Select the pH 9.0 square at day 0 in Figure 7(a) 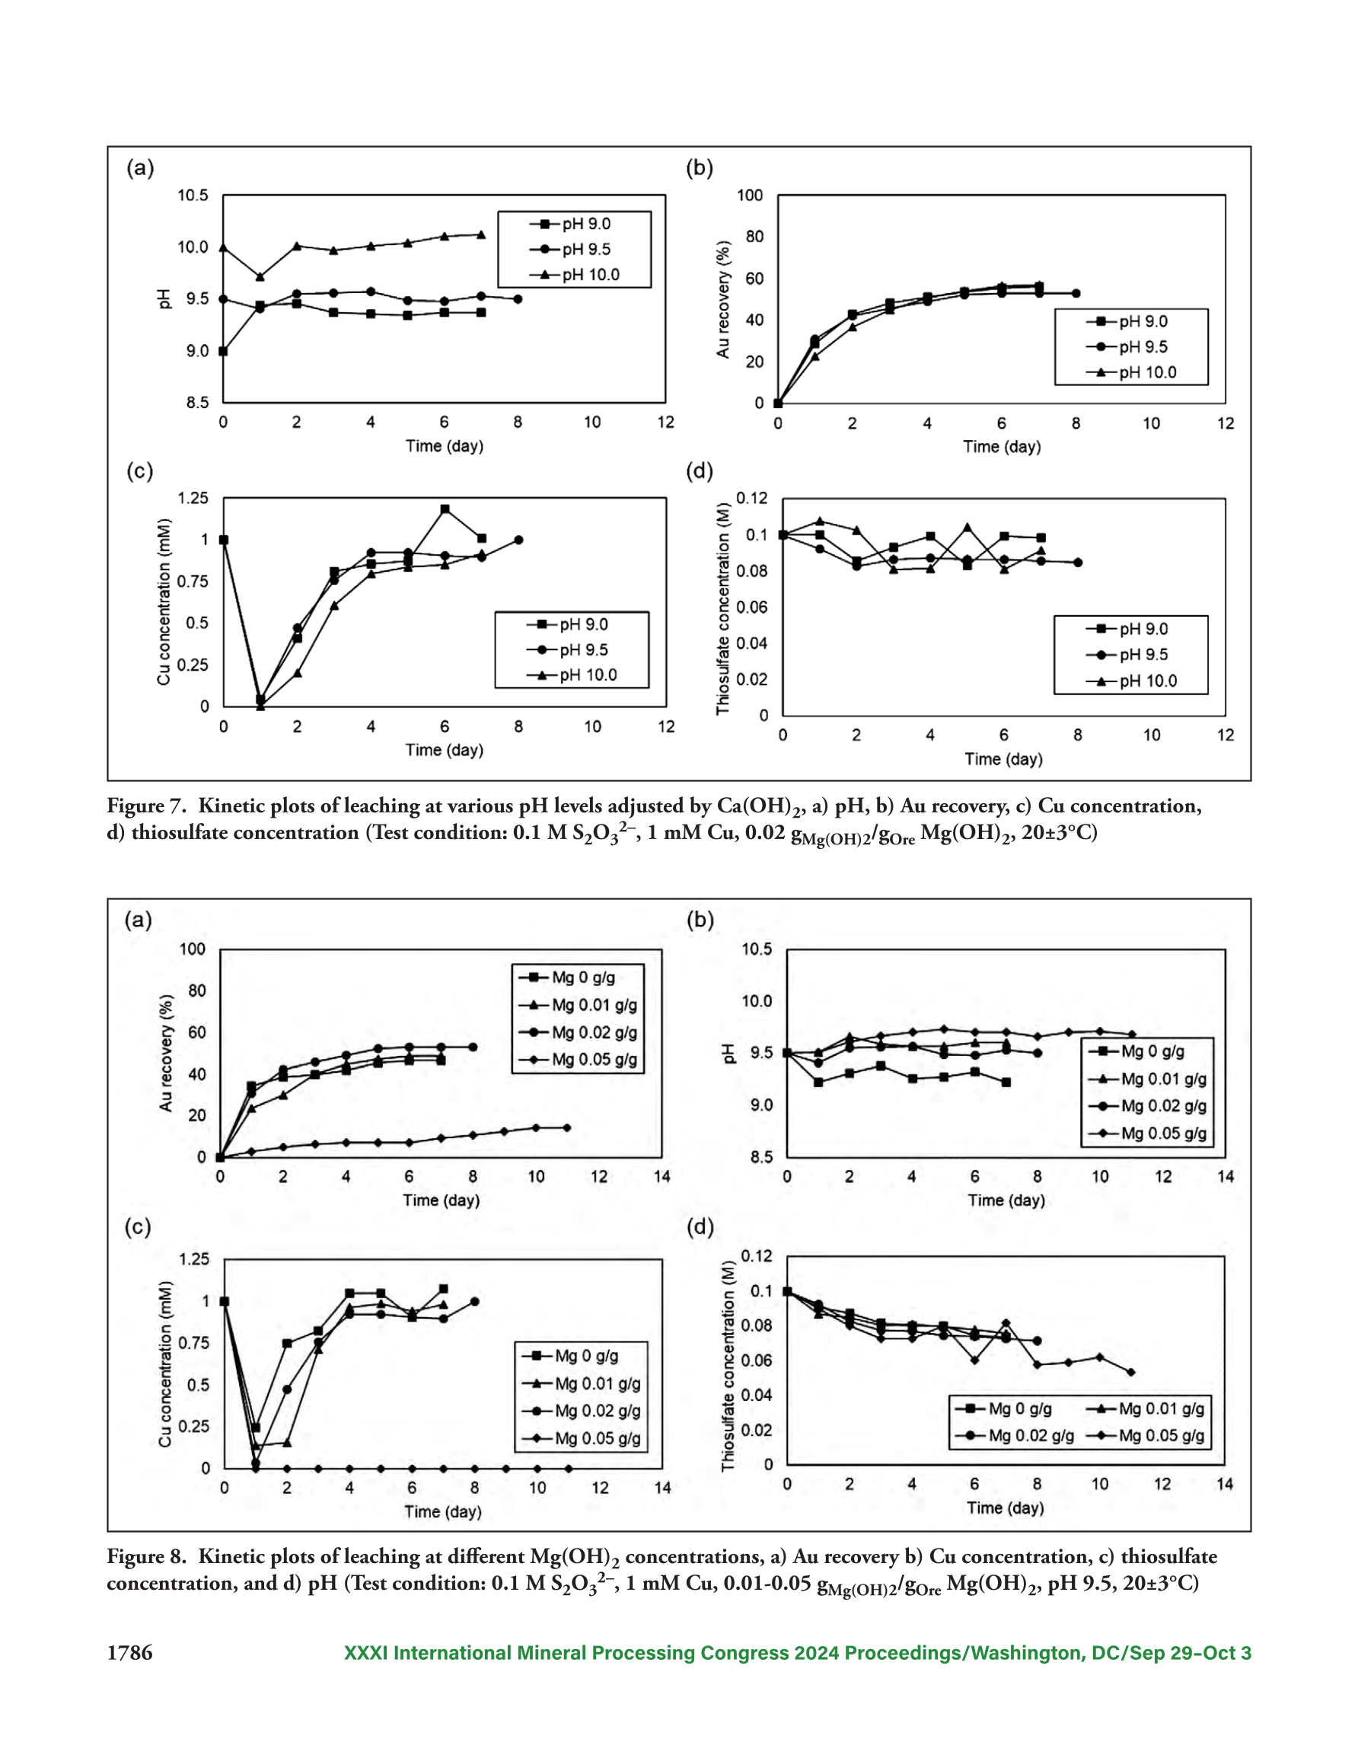click(x=223, y=351)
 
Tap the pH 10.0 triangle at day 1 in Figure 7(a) click(x=260, y=277)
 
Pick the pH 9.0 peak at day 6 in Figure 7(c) click(x=445, y=509)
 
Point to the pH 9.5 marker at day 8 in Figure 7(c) click(x=518, y=540)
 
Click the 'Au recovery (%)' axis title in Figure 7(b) click(x=723, y=298)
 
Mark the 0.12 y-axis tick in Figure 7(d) click(x=752, y=498)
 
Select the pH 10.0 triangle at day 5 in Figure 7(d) click(x=967, y=527)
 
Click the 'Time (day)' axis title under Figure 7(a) click(x=445, y=446)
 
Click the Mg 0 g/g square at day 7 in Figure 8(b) click(x=1006, y=1083)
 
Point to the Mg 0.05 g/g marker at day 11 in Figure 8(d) click(x=1131, y=1373)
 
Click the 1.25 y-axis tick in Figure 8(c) click(x=193, y=1259)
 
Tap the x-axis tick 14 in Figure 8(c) click(x=662, y=1488)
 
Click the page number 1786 click(x=129, y=1653)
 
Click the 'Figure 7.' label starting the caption click(x=146, y=806)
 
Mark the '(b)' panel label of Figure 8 click(x=700, y=920)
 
